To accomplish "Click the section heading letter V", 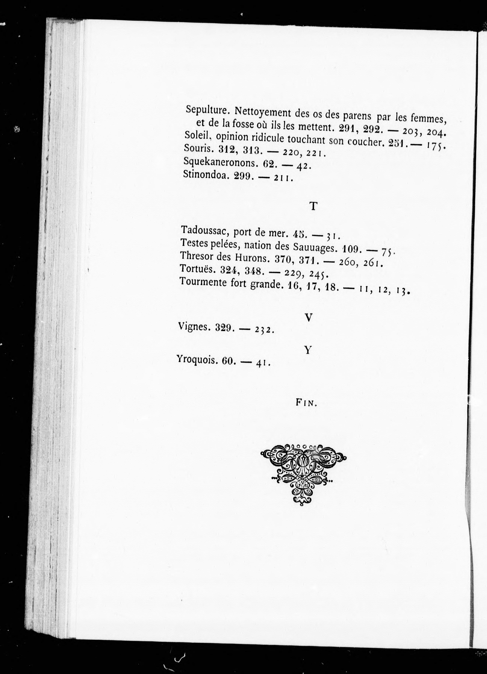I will click(309, 318).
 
